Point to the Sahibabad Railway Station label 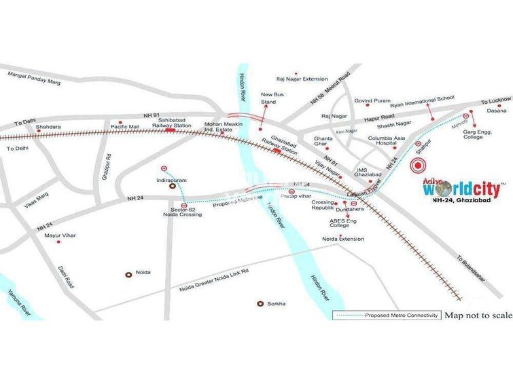(171, 121)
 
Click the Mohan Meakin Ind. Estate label (224, 128)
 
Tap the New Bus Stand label (269, 98)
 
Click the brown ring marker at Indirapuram (173, 184)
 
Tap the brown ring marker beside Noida (128, 274)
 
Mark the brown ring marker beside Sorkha (260, 303)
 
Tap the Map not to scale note (478, 315)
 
